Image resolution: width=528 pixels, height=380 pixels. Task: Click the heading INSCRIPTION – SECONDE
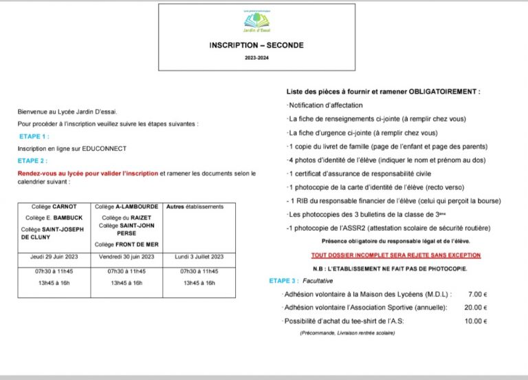click(x=256, y=45)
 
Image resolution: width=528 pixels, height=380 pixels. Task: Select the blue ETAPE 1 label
click(x=34, y=136)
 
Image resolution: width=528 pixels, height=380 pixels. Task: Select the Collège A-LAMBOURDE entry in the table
click(x=126, y=207)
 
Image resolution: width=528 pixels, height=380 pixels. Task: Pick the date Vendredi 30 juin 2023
click(x=127, y=257)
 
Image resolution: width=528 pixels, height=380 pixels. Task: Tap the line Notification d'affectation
click(x=324, y=105)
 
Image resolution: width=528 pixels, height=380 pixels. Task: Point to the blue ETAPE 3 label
click(x=284, y=281)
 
